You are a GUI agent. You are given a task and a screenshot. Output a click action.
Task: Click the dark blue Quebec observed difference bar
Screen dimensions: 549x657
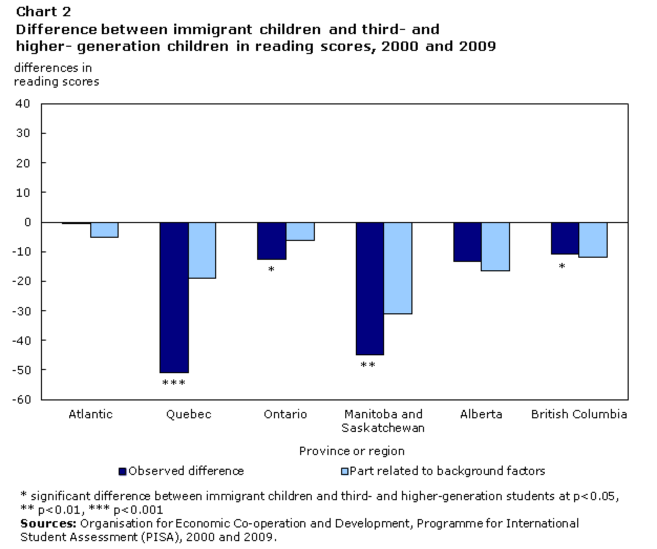click(174, 297)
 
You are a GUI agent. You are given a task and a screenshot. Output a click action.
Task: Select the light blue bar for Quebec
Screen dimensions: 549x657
click(202, 250)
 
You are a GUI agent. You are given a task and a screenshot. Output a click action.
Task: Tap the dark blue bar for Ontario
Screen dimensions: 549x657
click(272, 240)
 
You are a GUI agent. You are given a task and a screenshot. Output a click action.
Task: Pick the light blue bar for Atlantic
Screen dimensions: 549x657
click(104, 230)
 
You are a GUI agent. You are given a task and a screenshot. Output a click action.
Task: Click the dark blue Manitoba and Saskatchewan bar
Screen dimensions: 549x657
click(370, 288)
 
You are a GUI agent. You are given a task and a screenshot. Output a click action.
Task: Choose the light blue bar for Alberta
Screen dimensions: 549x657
click(495, 246)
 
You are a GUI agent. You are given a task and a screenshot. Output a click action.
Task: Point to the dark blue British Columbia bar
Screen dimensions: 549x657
click(565, 238)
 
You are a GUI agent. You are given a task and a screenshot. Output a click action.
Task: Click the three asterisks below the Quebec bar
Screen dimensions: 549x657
click(174, 383)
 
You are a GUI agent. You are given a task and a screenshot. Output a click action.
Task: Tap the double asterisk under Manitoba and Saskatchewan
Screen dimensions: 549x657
click(368, 365)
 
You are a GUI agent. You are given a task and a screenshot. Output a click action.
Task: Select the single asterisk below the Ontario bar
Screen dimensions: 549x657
click(271, 270)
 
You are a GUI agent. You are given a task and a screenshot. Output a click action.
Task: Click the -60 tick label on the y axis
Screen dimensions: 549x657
click(22, 399)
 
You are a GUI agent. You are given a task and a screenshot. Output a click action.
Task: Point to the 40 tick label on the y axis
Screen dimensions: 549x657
click(24, 103)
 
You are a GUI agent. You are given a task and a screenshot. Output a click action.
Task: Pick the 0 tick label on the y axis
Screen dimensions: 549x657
click(27, 222)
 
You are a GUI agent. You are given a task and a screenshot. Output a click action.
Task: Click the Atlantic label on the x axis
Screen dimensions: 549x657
click(90, 414)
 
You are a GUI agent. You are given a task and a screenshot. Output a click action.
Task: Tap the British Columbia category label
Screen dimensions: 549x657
click(579, 414)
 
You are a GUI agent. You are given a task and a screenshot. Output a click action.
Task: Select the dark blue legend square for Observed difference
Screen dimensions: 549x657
click(123, 471)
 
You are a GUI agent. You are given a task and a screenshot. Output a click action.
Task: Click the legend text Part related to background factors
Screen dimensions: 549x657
click(447, 471)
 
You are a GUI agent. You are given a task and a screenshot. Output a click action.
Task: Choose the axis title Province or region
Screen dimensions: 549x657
click(352, 451)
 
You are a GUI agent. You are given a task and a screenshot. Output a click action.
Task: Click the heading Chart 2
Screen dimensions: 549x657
click(44, 12)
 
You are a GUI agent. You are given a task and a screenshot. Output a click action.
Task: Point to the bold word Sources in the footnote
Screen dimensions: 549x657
click(48, 523)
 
